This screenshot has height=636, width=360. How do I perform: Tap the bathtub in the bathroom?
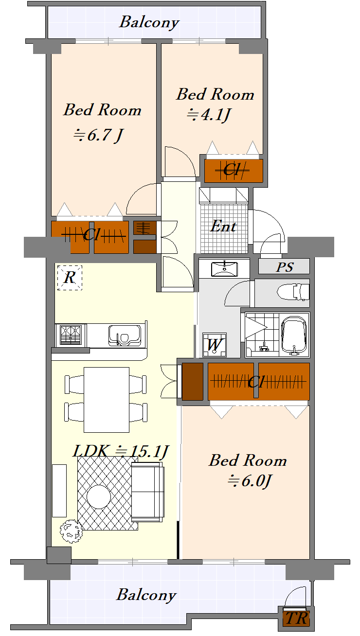coord(294,335)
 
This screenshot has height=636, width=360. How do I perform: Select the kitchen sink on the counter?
coord(125,335)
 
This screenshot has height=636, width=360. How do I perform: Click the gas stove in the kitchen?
coord(71,335)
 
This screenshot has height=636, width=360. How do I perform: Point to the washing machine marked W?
coord(214,345)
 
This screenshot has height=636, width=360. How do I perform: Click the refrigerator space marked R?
coord(70,278)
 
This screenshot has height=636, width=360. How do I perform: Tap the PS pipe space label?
coord(285,267)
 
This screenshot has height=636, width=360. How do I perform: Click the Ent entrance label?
coord(223,227)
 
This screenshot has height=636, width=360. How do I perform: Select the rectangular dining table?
coord(107,400)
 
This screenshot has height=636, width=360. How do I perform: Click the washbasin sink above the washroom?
coord(224,269)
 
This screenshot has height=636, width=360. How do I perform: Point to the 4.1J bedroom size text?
coord(209,115)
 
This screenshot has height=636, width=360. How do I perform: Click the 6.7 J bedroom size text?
coord(98,135)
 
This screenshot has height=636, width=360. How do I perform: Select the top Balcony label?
coord(149,22)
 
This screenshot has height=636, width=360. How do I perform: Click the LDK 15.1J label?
coord(121,451)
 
